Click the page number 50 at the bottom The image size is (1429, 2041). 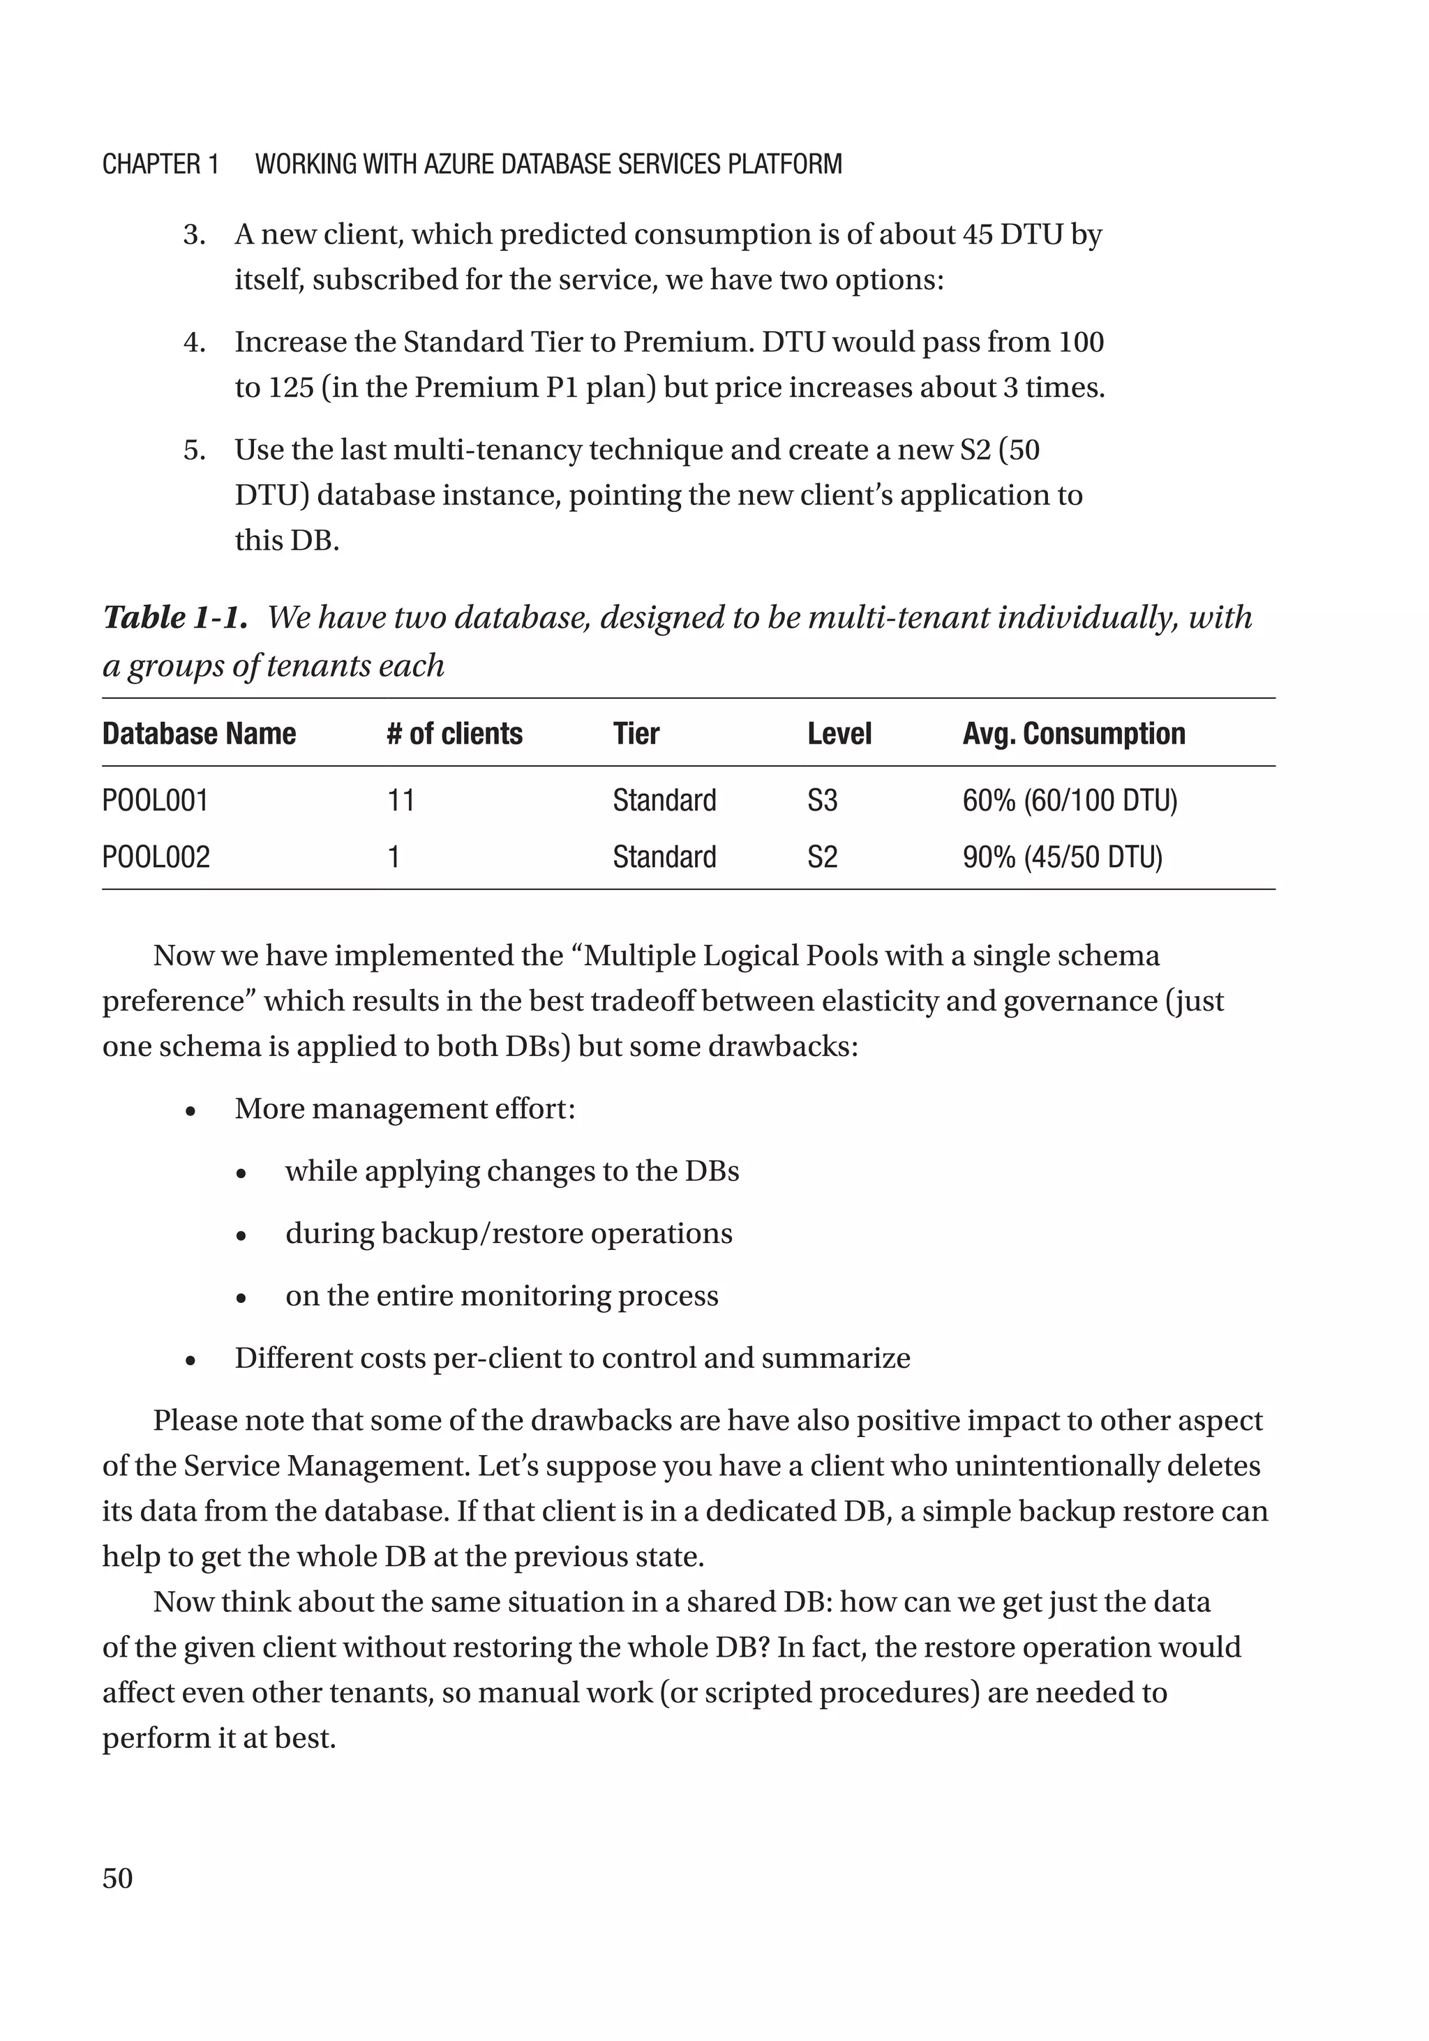click(117, 1878)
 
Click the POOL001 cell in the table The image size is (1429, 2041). click(155, 800)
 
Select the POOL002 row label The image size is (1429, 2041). click(156, 857)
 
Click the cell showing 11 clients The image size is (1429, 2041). click(401, 800)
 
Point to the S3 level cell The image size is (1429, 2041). click(822, 800)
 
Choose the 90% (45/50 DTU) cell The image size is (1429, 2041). click(1062, 857)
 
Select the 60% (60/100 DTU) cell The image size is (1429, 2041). click(1069, 800)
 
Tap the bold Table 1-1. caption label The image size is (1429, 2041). click(174, 617)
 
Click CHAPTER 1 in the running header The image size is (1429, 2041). click(160, 165)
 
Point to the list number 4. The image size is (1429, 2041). click(194, 342)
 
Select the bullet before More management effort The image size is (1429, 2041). click(190, 1111)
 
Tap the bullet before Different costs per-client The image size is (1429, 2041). click(190, 1360)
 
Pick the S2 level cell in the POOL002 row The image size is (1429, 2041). click(822, 857)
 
